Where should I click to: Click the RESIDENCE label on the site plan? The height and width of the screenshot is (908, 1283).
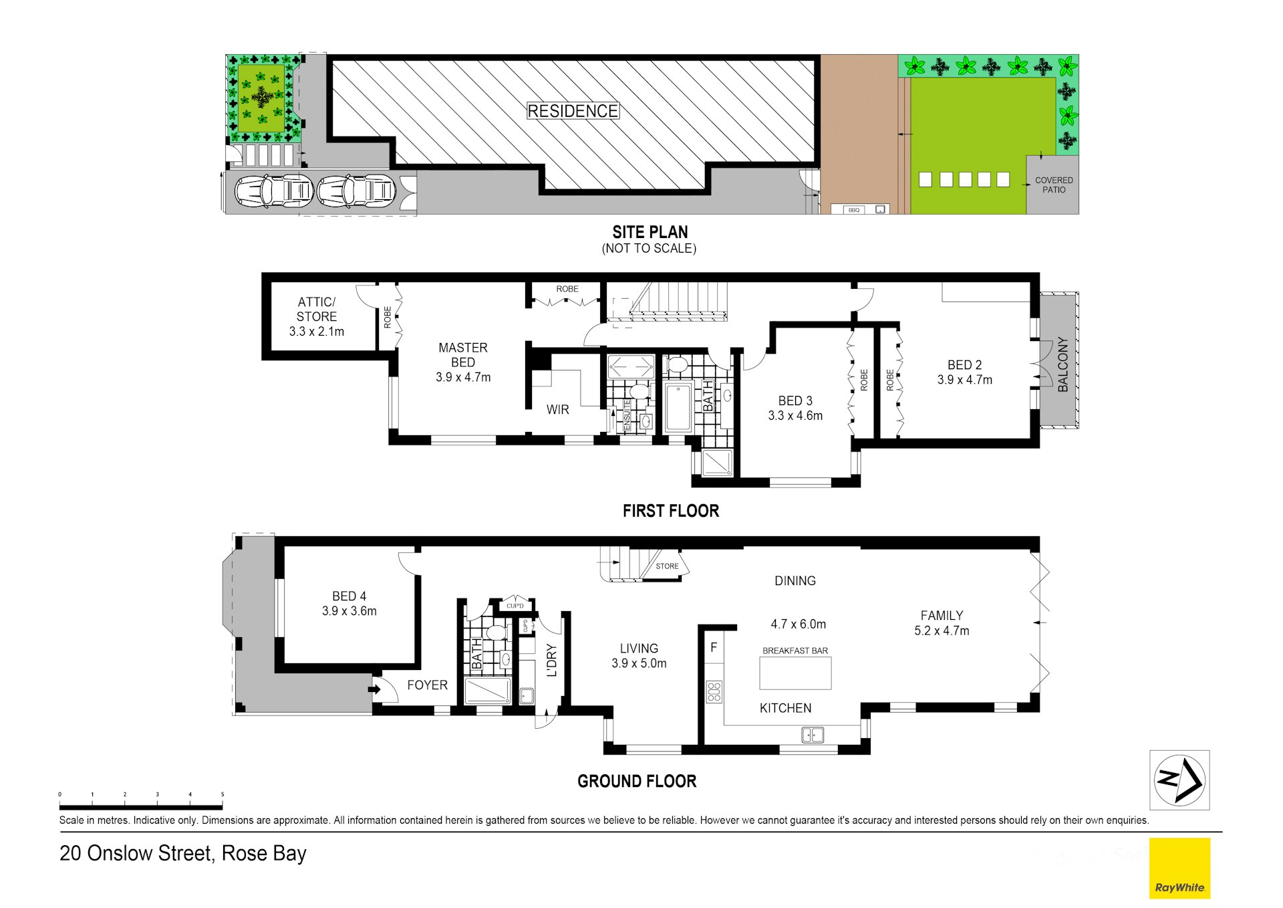573,111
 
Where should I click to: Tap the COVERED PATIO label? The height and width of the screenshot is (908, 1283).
1054,185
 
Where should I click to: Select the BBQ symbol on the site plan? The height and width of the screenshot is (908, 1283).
854,210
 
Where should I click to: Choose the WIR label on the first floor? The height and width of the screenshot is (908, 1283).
558,409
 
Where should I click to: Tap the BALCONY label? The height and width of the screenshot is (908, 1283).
1063,364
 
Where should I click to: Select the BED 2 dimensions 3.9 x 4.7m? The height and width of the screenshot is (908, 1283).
965,380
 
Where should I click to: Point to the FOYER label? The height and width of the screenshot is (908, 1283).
428,685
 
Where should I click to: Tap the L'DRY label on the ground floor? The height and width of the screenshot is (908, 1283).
551,661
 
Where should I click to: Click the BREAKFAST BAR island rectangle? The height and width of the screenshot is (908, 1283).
795,673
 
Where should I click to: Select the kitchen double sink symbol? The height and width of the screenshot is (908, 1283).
813,735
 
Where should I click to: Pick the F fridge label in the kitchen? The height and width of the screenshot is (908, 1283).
714,647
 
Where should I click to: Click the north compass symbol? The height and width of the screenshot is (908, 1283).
1179,780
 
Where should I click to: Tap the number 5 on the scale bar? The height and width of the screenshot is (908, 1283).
223,794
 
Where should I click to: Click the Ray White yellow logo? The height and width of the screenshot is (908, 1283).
1179,868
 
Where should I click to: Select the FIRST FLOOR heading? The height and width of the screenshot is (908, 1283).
671,511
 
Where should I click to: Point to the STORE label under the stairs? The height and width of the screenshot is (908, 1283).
667,566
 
